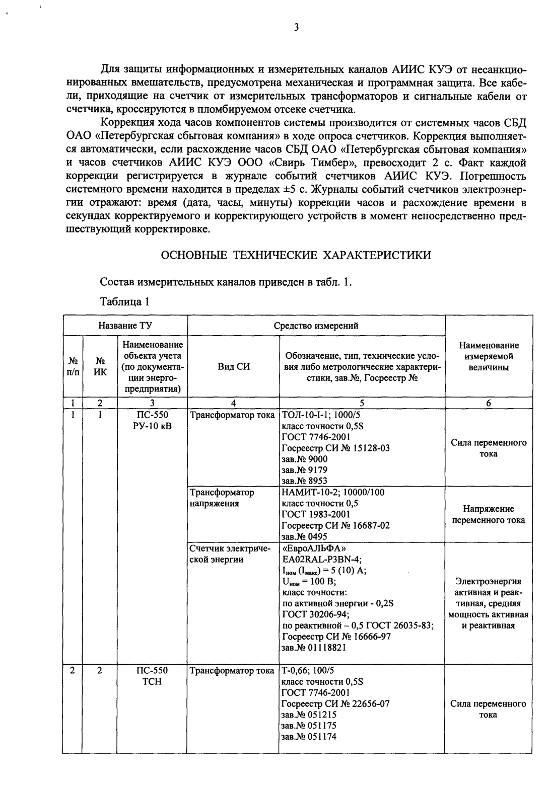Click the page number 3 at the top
[297, 28]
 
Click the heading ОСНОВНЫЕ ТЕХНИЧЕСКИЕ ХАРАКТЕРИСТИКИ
[296, 255]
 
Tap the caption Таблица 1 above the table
[125, 302]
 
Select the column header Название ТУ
[125, 325]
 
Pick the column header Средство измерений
[316, 325]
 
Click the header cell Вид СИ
[233, 367]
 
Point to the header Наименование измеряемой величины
[488, 356]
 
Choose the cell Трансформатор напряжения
[222, 498]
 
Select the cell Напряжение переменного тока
[488, 514]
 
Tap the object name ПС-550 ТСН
[152, 676]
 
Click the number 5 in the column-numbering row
[361, 403]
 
